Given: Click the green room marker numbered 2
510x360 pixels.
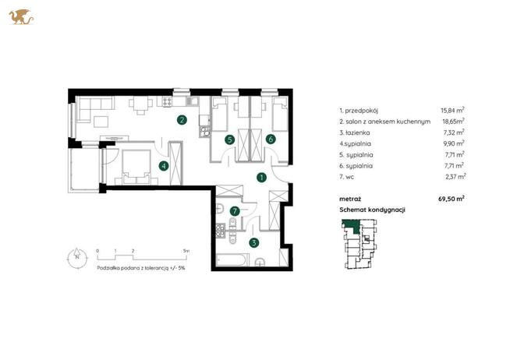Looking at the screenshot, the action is [182, 120].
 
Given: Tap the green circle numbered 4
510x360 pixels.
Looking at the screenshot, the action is [164, 166].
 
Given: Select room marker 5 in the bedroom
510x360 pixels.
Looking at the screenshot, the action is [229, 139].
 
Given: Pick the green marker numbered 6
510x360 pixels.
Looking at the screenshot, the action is [271, 139].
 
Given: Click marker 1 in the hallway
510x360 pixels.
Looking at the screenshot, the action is [261, 178].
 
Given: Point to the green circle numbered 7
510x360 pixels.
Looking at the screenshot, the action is [235, 211].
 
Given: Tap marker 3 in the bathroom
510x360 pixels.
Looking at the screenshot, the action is [254, 242].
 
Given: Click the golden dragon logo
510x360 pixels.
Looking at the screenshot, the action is [21, 17].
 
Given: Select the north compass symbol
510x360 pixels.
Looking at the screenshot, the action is [77, 258].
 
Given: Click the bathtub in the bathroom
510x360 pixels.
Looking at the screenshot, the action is [232, 259].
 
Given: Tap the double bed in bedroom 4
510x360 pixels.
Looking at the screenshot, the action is [136, 168].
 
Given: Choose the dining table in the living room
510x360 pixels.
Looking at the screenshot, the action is [140, 106].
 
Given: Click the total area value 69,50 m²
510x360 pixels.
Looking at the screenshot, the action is [452, 199].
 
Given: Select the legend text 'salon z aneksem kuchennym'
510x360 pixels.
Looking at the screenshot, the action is [388, 122].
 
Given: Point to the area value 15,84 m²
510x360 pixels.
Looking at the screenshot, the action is [452, 110].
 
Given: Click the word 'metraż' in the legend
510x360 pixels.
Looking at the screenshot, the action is [350, 199].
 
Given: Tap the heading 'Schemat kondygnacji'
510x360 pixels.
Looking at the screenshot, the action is [372, 210].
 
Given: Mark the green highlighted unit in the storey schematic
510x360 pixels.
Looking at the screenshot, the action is [351, 224].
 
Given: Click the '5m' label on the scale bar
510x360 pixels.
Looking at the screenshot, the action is [186, 251].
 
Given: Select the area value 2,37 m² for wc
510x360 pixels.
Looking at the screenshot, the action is [455, 176].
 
